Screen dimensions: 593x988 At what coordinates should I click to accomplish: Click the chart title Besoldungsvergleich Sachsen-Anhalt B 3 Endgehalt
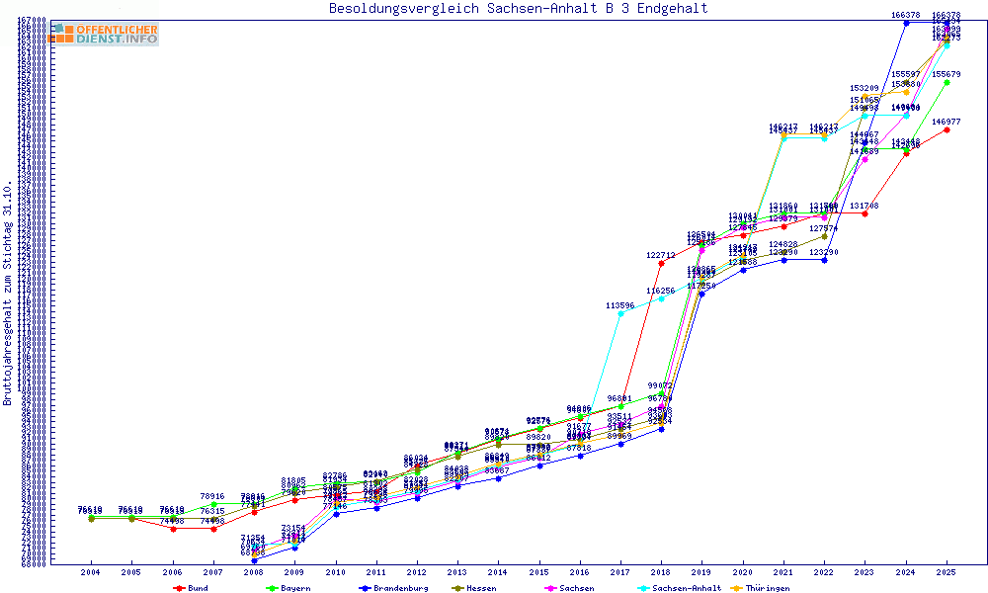click(x=518, y=9)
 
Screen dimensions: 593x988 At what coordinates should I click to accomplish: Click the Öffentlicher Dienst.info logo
click(x=104, y=34)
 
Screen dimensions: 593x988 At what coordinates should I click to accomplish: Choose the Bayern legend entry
click(x=287, y=588)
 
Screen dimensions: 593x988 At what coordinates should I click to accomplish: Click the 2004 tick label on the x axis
click(x=91, y=572)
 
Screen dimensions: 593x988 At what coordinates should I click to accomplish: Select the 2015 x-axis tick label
click(x=539, y=572)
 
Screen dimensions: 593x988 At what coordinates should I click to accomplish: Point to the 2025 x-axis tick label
click(x=947, y=572)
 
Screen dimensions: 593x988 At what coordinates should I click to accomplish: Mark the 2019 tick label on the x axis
click(x=702, y=572)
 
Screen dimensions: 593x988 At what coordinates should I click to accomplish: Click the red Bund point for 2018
click(x=661, y=263)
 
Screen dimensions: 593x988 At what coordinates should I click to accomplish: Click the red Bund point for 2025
click(x=947, y=129)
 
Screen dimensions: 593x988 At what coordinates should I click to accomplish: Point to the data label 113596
click(x=620, y=305)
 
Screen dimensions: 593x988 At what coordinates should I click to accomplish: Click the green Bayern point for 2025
click(x=947, y=82)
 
